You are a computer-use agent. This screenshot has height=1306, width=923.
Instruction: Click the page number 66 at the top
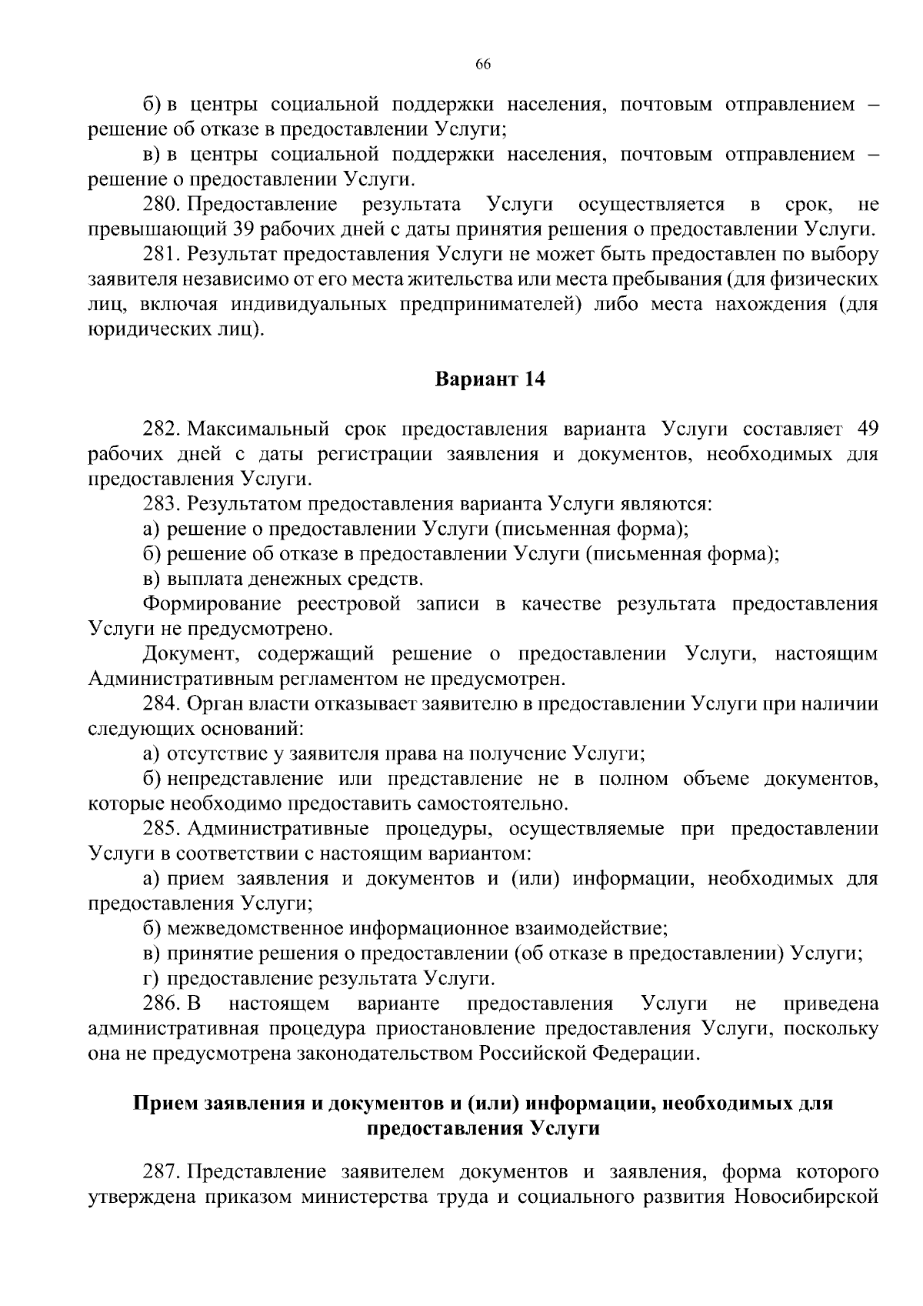[483, 65]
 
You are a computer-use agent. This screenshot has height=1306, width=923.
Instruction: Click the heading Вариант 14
[490, 379]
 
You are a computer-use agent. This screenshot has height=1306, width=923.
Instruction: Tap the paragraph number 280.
[161, 205]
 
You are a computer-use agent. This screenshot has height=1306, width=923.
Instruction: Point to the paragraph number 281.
[161, 255]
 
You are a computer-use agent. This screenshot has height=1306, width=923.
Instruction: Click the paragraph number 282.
[161, 429]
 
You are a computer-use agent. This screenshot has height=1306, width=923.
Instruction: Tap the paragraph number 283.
[161, 504]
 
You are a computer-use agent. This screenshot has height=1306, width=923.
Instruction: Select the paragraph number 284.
[161, 704]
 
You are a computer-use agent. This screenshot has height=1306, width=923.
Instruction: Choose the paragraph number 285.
[161, 829]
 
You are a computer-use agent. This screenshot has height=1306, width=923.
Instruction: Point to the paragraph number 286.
[161, 1004]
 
